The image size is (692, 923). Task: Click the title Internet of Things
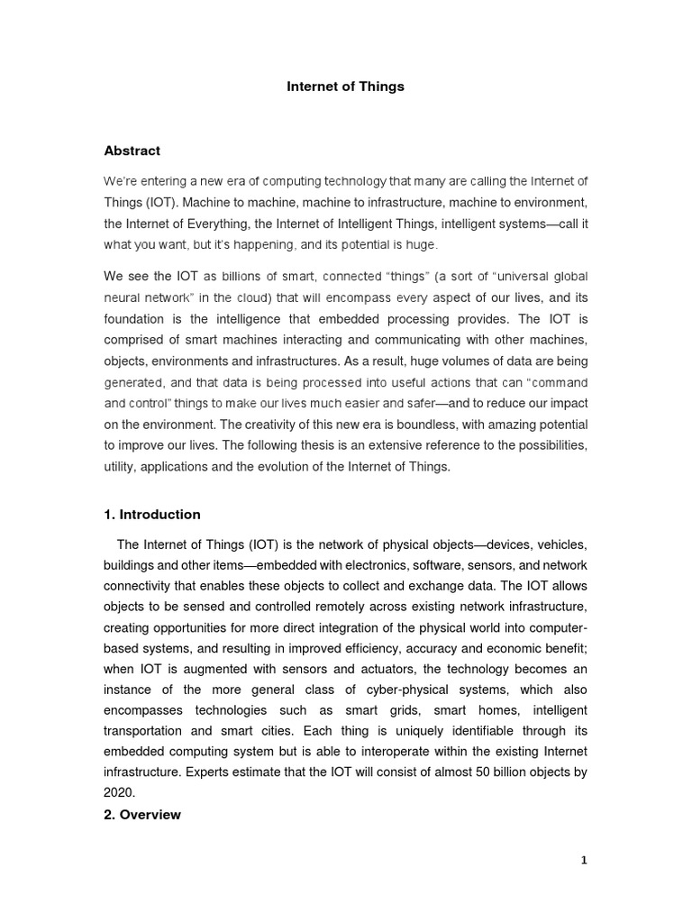click(x=345, y=87)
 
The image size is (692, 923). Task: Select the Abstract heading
click(x=132, y=151)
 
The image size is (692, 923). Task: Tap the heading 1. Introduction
click(x=152, y=515)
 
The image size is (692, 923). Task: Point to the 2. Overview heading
click(x=142, y=814)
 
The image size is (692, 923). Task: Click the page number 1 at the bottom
click(x=584, y=861)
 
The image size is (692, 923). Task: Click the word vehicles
click(x=557, y=545)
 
